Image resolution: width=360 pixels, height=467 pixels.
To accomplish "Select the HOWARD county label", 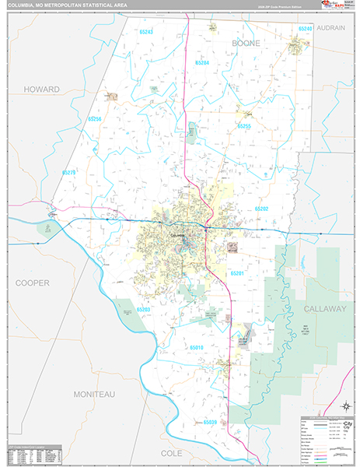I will pyautogui.click(x=41, y=90).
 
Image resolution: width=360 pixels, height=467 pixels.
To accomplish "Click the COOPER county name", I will pyautogui.click(x=32, y=283).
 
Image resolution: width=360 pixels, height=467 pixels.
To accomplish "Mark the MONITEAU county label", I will pyautogui.click(x=94, y=395).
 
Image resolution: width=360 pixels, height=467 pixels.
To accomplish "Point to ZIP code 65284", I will pyautogui.click(x=202, y=62).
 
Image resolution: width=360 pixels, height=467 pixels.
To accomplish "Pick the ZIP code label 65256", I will pyautogui.click(x=94, y=119).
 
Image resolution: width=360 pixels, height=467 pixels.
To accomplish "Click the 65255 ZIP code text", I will pyautogui.click(x=244, y=126).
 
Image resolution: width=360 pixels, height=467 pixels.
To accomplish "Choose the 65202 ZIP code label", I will pyautogui.click(x=260, y=209).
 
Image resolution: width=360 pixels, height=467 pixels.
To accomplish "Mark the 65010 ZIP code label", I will pyautogui.click(x=196, y=347).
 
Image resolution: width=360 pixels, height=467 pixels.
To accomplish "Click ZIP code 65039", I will pyautogui.click(x=208, y=422).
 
